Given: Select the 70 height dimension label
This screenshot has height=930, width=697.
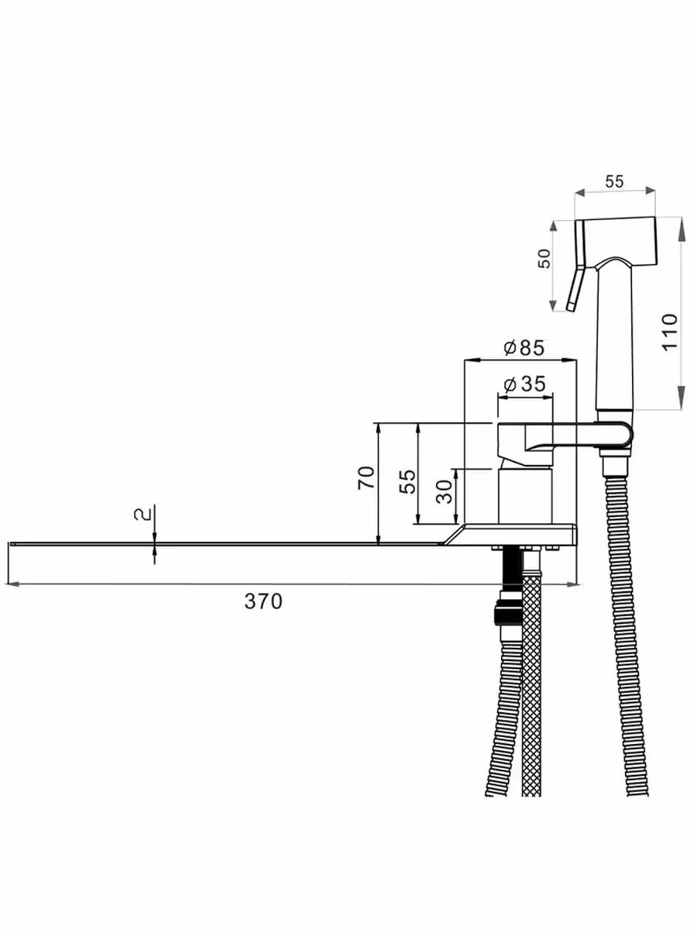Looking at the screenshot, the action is click(367, 477).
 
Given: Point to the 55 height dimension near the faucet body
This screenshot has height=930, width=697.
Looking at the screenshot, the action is click(409, 480).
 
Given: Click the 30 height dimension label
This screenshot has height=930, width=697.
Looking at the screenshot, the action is click(444, 491).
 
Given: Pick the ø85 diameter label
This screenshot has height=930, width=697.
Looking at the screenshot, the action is click(524, 348).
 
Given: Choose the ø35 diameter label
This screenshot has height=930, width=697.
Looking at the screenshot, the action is click(524, 384).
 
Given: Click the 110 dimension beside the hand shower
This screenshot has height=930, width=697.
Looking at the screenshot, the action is click(670, 331).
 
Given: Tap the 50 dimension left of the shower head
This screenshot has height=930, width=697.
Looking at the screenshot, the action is click(544, 259).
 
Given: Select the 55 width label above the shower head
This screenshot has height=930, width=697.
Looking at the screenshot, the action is click(613, 182).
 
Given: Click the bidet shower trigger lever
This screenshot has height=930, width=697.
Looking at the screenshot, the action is click(574, 288).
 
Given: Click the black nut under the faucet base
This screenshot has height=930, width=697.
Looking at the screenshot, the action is click(507, 616).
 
